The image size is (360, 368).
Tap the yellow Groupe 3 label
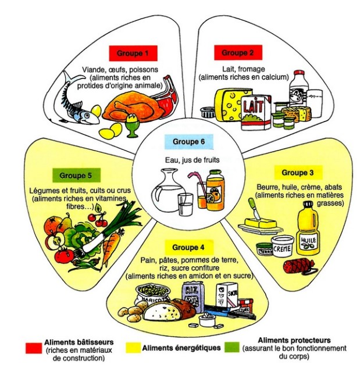(297, 173)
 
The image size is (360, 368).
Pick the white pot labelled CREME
(283, 248)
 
